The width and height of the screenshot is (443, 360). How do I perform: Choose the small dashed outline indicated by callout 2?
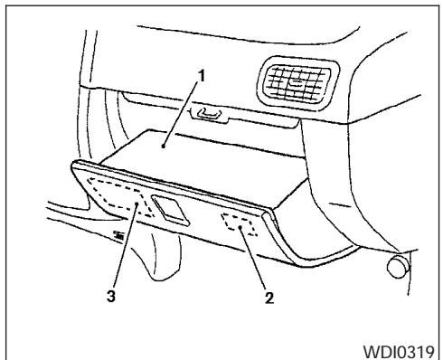tap(241, 227)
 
